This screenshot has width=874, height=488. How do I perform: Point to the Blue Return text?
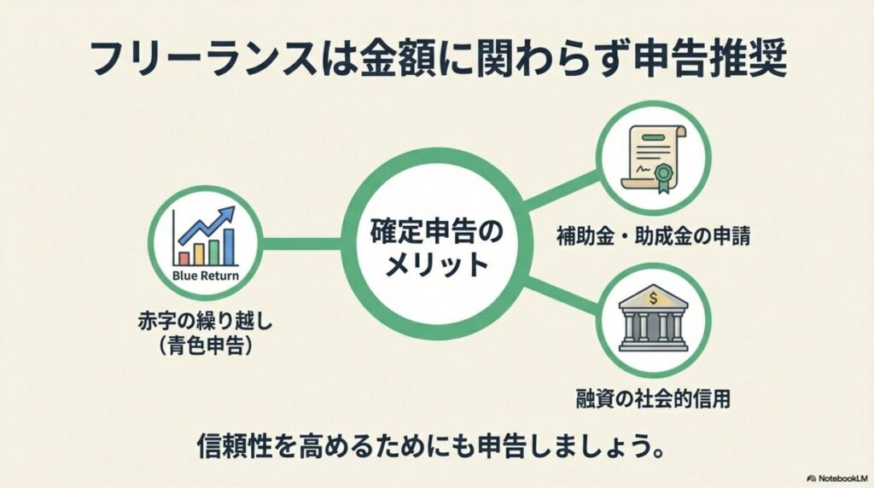pos(205,276)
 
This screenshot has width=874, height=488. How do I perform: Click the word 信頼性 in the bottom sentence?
pos(231,444)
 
